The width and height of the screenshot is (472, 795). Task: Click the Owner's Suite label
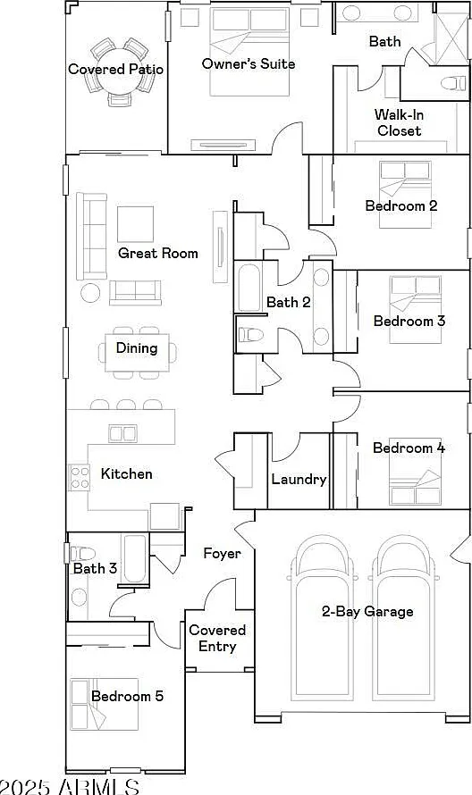[x=249, y=64]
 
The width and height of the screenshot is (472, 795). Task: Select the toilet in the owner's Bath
[x=453, y=83]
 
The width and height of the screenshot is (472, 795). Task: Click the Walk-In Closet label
[x=399, y=122]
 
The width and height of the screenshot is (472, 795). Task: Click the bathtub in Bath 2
[x=249, y=287]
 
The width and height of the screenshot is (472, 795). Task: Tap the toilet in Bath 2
[x=250, y=335]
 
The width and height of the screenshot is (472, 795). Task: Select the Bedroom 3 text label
[x=409, y=321]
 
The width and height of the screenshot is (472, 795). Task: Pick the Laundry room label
[x=299, y=479]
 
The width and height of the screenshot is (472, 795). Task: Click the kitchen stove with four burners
[x=80, y=478]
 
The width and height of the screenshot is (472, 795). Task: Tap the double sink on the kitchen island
[x=122, y=434]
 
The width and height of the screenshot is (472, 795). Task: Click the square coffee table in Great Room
[x=136, y=224]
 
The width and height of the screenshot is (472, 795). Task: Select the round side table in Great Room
[x=91, y=293]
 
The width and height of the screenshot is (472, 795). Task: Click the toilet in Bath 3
[x=81, y=553]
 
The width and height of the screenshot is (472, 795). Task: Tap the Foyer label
[x=222, y=553]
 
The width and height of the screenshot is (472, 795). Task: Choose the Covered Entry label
[x=217, y=638]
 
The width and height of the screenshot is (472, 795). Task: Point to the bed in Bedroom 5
[x=105, y=704]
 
